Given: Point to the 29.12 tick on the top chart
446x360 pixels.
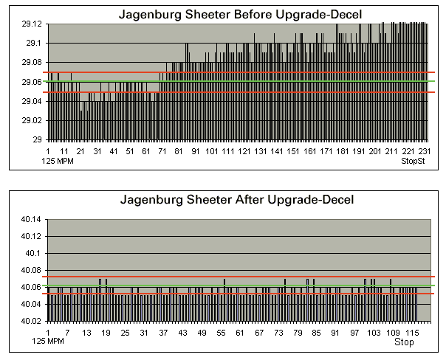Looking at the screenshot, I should click(32, 24).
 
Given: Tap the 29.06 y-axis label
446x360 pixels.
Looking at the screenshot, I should click(32, 82).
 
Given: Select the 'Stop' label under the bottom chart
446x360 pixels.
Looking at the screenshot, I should click(404, 342).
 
